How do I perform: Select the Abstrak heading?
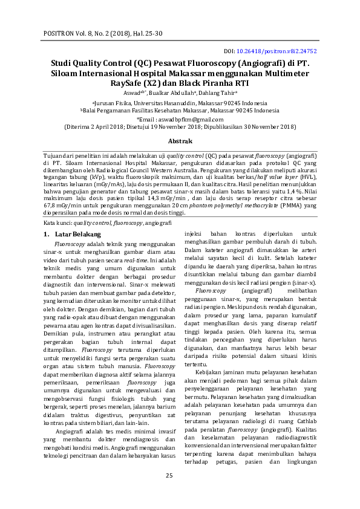pos(180,141)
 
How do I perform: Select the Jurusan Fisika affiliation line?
pos(180,103)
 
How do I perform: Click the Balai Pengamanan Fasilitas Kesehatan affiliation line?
pos(180,111)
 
